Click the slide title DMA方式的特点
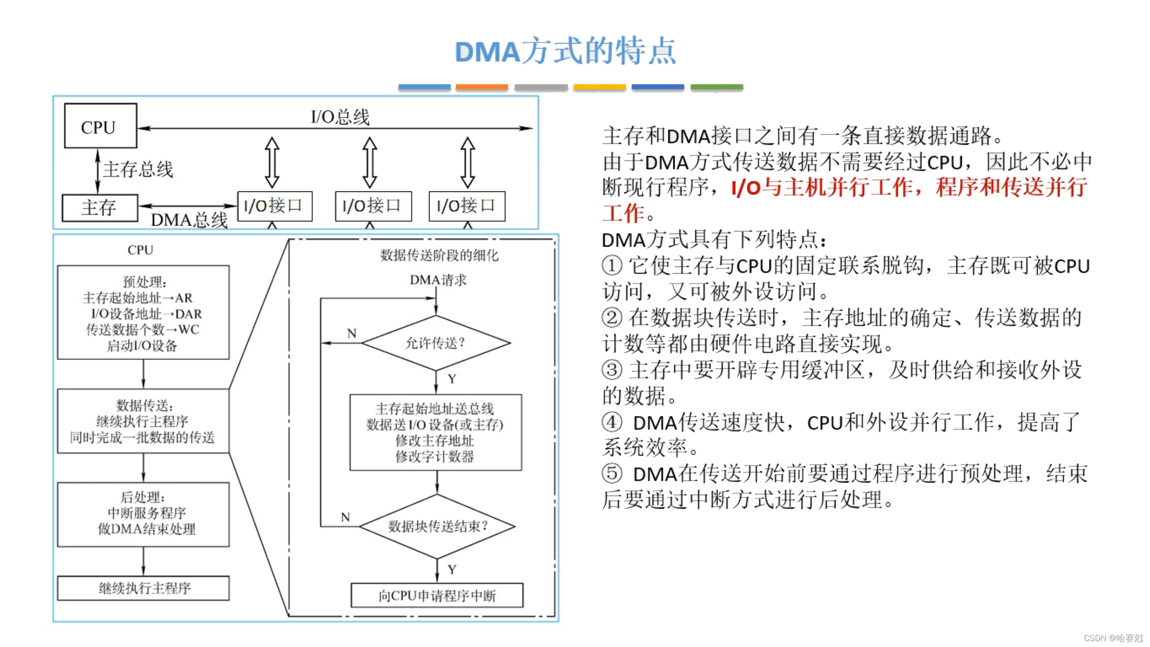click(x=565, y=51)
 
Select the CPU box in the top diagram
click(x=100, y=126)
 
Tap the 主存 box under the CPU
click(x=100, y=208)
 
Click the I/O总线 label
click(x=340, y=117)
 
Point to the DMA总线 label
click(x=189, y=220)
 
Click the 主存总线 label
click(x=138, y=169)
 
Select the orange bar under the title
click(x=482, y=87)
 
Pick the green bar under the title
click(x=717, y=87)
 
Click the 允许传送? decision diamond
click(x=435, y=343)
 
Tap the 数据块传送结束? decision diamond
click(x=437, y=526)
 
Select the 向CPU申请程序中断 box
click(x=437, y=596)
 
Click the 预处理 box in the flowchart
click(x=143, y=313)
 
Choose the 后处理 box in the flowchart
click(x=143, y=514)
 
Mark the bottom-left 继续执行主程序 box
click(x=143, y=588)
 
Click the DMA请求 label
click(x=438, y=280)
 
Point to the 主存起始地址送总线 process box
click(x=435, y=432)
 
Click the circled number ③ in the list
click(x=612, y=370)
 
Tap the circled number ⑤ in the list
click(x=612, y=473)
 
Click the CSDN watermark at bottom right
click(x=1113, y=638)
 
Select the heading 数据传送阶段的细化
click(x=439, y=255)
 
